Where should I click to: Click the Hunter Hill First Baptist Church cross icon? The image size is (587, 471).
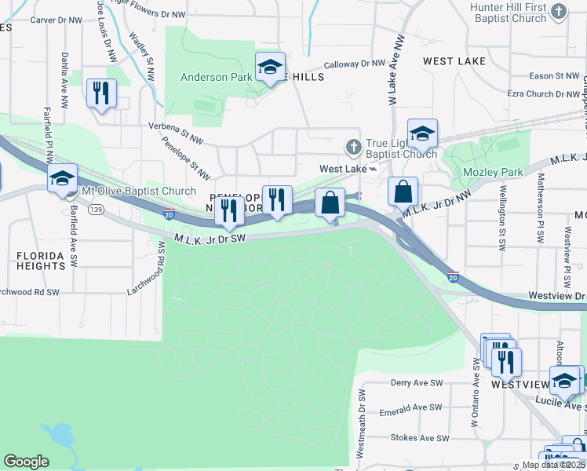tap(559, 11)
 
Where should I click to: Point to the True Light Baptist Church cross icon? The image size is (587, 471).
tap(353, 147)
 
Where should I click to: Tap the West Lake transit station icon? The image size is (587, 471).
tap(374, 169)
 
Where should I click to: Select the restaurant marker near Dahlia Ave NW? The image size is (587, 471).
tap(101, 94)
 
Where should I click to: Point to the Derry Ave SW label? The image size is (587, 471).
tap(417, 382)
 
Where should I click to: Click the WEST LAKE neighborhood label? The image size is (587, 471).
tap(454, 60)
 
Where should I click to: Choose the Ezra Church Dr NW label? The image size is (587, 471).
tap(542, 93)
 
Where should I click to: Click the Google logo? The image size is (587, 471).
tap(26, 462)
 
